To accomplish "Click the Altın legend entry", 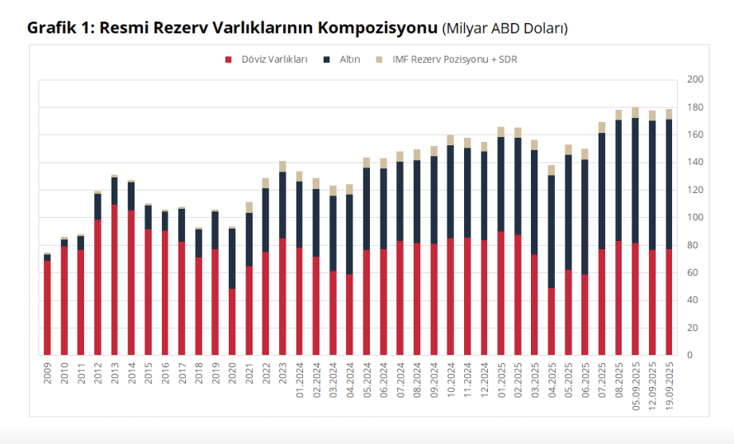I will (349, 59).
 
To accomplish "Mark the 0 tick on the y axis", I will (689, 355).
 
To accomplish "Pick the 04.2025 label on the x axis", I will (552, 377).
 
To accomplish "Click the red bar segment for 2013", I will (115, 281).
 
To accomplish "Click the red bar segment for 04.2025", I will (552, 322).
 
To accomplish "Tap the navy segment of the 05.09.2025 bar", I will (636, 181).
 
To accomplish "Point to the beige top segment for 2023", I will (282, 167).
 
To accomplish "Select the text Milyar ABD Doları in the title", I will (505, 28).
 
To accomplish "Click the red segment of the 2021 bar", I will (249, 310).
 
